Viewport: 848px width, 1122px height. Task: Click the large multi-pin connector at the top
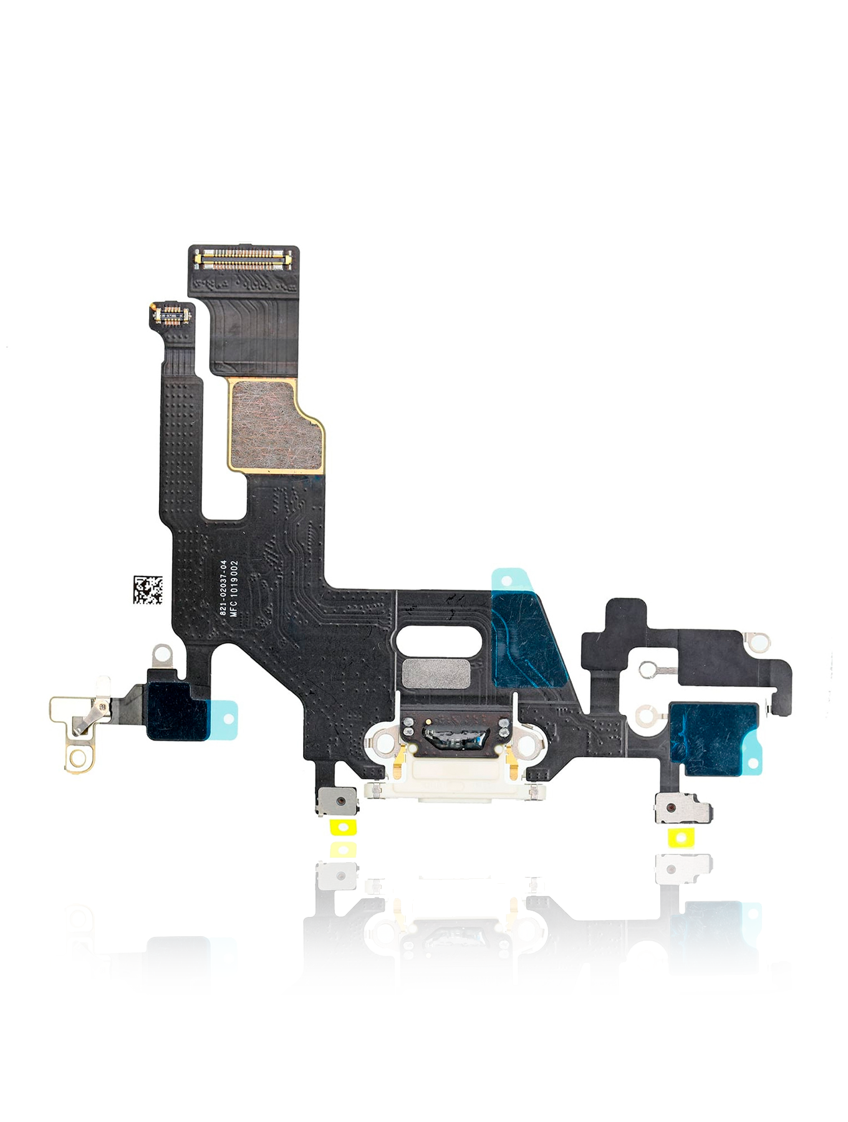244,258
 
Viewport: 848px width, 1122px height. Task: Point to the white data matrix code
148,590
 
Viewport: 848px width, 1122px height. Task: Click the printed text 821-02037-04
224,588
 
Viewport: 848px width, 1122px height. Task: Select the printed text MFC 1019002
234,588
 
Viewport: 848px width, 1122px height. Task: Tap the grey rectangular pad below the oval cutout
436,674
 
